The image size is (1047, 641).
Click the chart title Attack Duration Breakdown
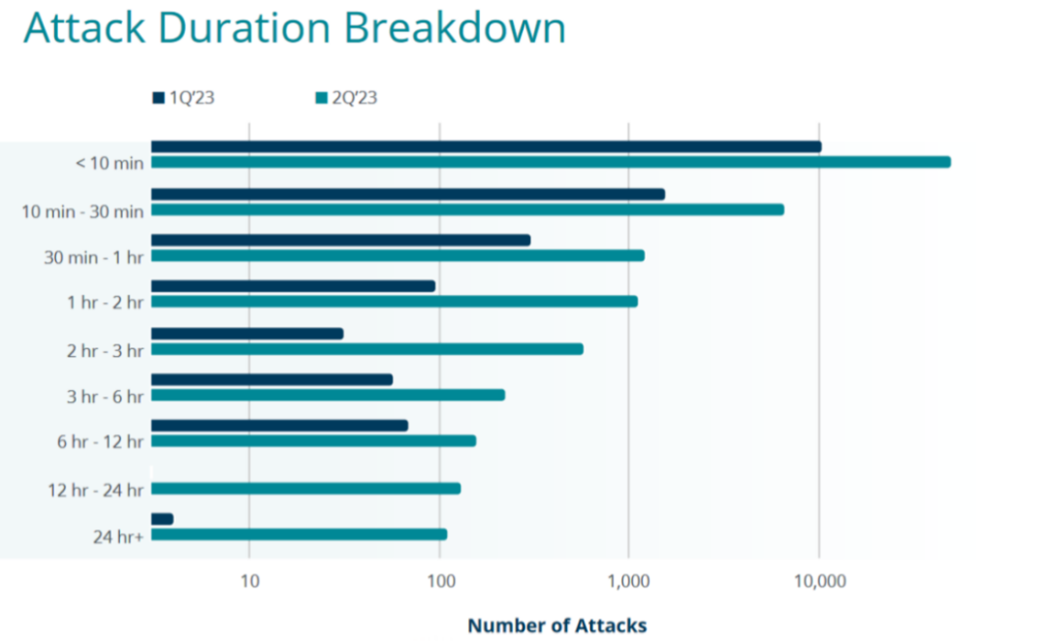tap(295, 28)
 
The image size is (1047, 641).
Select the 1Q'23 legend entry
tap(190, 97)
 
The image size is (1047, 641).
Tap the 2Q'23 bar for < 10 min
tap(551, 162)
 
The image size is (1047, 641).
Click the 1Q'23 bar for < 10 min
tap(486, 146)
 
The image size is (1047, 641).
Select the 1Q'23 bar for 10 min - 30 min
tap(408, 194)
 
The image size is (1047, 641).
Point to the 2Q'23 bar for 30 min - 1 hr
tap(397, 255)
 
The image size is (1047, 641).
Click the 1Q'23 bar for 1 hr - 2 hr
tap(293, 286)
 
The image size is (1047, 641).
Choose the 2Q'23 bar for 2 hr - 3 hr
tap(367, 349)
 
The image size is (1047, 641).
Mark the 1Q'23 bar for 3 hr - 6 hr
tap(271, 379)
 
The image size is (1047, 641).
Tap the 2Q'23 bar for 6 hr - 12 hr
tap(313, 440)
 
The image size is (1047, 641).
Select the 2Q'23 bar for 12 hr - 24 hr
tap(305, 488)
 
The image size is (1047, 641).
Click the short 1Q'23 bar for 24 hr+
tap(162, 519)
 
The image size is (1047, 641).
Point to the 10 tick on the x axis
tap(249, 581)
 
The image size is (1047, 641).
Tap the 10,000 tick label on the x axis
tap(819, 581)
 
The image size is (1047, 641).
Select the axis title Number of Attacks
tap(556, 625)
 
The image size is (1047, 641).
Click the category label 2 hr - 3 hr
tap(106, 350)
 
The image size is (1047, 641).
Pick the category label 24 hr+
tap(119, 534)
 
